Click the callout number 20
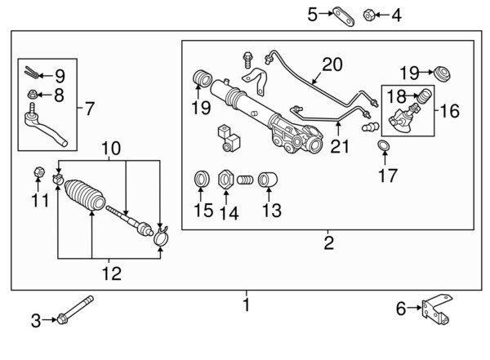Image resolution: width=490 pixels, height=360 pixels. pyautogui.click(x=333, y=64)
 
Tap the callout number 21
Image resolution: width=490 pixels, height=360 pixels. pyautogui.click(x=338, y=146)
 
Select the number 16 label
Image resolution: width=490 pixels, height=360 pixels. pyautogui.click(x=450, y=110)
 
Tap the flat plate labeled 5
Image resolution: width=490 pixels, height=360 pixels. pyautogui.click(x=341, y=14)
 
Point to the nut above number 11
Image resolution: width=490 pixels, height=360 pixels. pyautogui.click(x=38, y=172)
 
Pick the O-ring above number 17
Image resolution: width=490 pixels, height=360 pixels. pyautogui.click(x=382, y=146)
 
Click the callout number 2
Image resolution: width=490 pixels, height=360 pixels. pyautogui.click(x=328, y=242)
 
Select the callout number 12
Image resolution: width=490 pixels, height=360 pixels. pyautogui.click(x=111, y=274)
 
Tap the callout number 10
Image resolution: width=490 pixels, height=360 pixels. pyautogui.click(x=111, y=149)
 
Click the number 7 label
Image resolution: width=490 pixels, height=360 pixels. pyautogui.click(x=89, y=107)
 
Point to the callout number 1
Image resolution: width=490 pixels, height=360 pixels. pyautogui.click(x=246, y=305)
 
